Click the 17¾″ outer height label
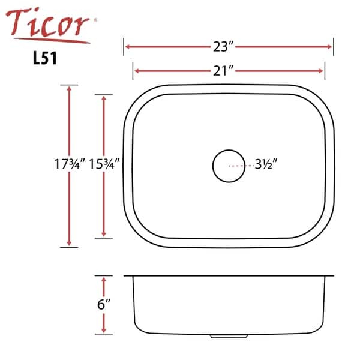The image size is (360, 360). click(69, 164)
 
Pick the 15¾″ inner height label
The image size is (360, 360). click(105, 164)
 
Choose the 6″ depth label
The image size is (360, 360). click(104, 304)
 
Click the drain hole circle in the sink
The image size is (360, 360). click(229, 164)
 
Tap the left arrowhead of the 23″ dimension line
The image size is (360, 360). click(127, 46)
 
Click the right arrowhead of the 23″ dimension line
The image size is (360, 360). click(330, 46)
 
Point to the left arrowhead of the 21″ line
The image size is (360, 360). click(136, 71)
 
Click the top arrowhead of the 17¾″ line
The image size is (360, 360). click(70, 88)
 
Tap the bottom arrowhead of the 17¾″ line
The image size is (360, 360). click(70, 243)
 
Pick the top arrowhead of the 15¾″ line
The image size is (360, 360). click(104, 98)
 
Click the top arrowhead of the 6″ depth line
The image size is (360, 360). click(104, 280)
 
